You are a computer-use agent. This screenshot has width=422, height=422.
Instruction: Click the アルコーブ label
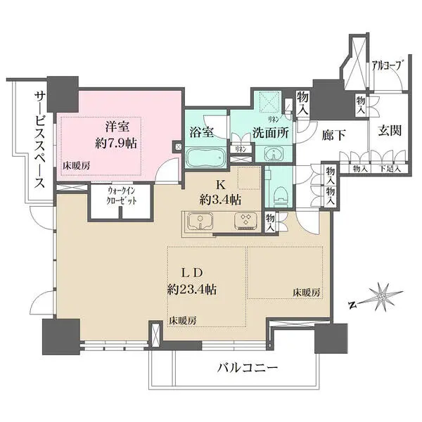pyautogui.click(x=388, y=65)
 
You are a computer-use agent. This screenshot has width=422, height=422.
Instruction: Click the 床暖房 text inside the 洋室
pyautogui.click(x=76, y=167)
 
